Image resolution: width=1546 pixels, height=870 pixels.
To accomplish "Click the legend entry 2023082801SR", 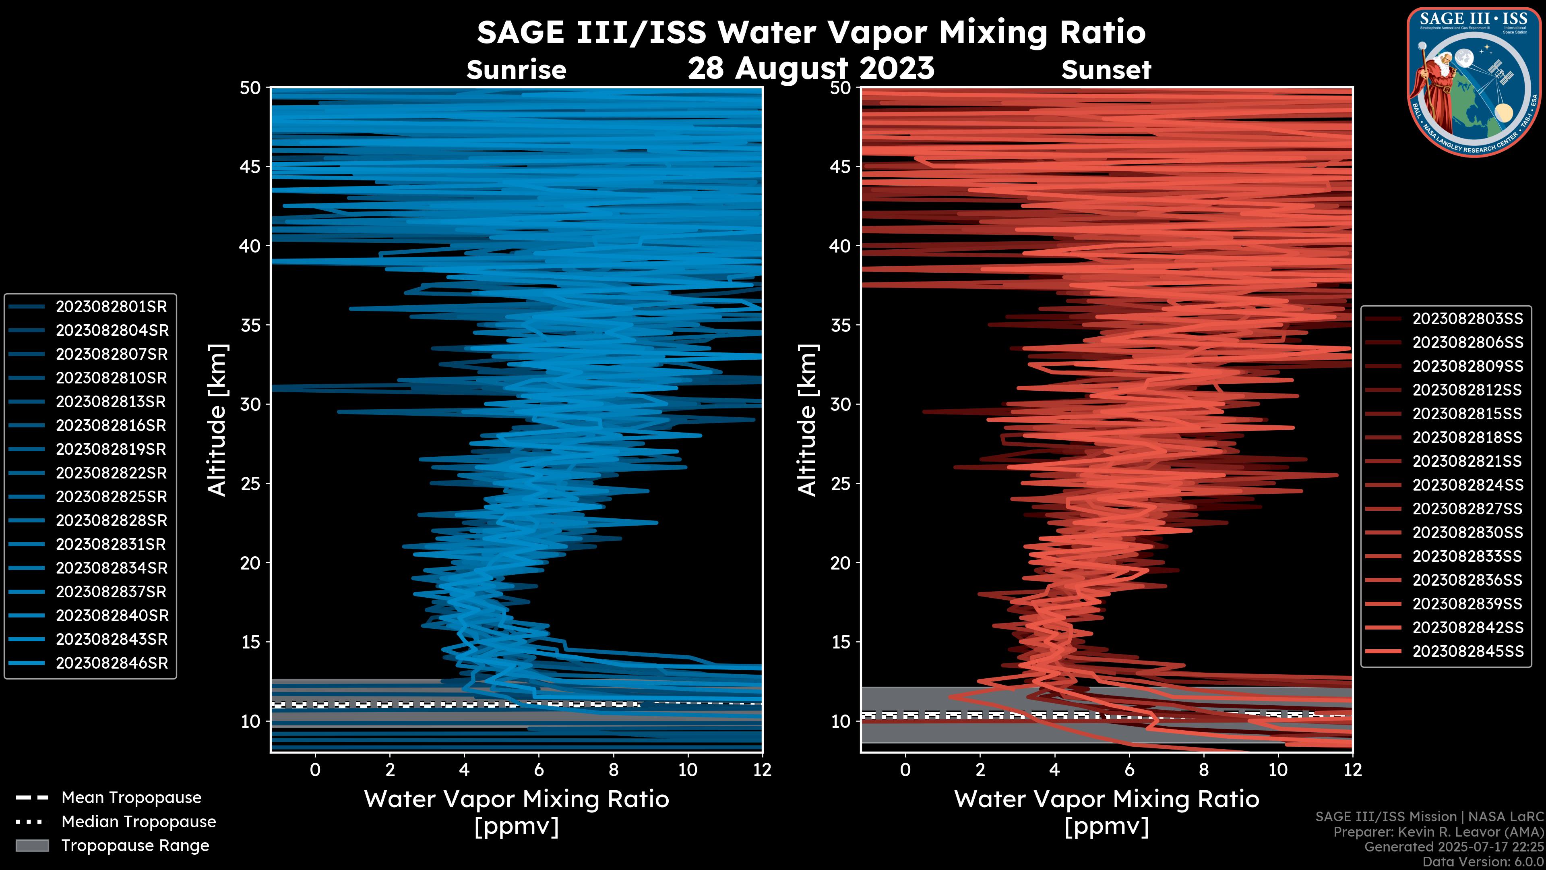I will click(111, 307).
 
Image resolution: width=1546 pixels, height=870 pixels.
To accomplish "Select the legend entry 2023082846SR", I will click(112, 663).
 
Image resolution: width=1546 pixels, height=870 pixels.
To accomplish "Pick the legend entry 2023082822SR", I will click(111, 473).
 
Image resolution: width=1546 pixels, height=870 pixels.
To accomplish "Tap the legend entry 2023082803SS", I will click(1467, 319).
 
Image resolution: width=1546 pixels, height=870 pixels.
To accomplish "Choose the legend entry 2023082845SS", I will click(1467, 651).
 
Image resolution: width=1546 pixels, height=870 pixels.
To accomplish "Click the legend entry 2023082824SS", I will click(1467, 485).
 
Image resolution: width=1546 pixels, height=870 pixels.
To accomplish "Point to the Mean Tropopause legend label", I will click(131, 798).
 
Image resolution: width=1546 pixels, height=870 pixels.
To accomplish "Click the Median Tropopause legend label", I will click(138, 822).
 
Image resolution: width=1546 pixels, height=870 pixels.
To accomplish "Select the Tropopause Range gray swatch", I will click(32, 845).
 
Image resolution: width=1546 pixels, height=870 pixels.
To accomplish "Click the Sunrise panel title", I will click(516, 70).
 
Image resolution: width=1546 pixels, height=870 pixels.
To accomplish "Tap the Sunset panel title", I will click(1106, 70).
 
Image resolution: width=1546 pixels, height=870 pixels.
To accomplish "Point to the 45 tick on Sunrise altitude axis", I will click(250, 167).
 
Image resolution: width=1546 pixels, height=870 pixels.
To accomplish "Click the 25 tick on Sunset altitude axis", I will click(840, 484).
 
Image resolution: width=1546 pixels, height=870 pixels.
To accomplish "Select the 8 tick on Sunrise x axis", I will click(613, 770).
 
